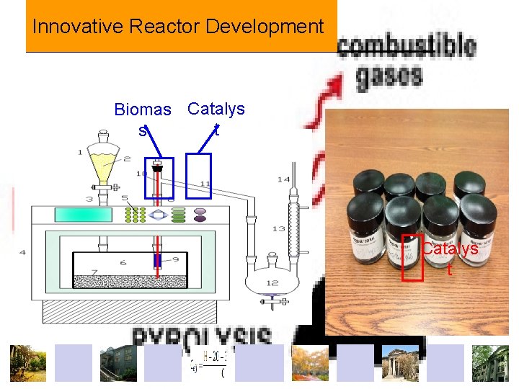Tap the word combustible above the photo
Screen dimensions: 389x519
coord(407,47)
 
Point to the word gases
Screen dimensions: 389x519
coord(389,76)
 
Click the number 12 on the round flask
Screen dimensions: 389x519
coord(272,282)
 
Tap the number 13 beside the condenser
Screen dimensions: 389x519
coord(278,228)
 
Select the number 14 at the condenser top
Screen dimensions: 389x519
coord(283,179)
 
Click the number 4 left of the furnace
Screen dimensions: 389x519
coord(22,252)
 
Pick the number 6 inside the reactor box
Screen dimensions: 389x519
coord(123,263)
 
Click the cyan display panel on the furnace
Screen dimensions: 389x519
coord(81,214)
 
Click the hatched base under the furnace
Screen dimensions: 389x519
coord(130,310)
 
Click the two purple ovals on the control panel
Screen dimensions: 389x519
coord(200,215)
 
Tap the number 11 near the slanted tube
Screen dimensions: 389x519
coord(205,184)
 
